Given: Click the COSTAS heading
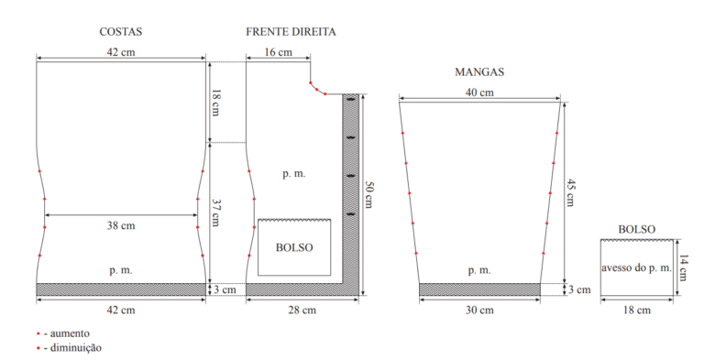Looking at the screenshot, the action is pos(121,32).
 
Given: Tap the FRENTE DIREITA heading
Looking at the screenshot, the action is pos(291,32).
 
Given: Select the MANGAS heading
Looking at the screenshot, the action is pos(479,71).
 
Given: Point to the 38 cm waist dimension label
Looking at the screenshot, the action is pos(121,225).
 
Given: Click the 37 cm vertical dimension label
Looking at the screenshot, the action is pos(215,213).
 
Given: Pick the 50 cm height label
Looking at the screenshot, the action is pos(368,195).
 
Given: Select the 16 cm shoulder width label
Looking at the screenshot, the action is pos(278,52).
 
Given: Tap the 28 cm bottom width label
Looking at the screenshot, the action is pos(302,311).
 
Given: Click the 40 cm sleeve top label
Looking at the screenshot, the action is pos(479,93).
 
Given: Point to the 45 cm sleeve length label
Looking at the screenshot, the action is pos(570,192).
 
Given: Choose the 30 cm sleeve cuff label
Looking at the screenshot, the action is pos(479,311).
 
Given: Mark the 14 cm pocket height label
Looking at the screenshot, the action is pos(683,267).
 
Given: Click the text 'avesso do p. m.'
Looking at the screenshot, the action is pos(637,268).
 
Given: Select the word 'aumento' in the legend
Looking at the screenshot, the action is pos(70,333).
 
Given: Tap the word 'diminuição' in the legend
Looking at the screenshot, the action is pos(76,348).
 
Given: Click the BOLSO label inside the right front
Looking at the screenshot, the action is pos(294,247).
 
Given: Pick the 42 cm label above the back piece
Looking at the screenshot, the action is pos(121,52).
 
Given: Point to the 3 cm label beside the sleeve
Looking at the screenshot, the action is pos(579,289).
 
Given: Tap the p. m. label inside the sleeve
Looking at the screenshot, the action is pos(479,270).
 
